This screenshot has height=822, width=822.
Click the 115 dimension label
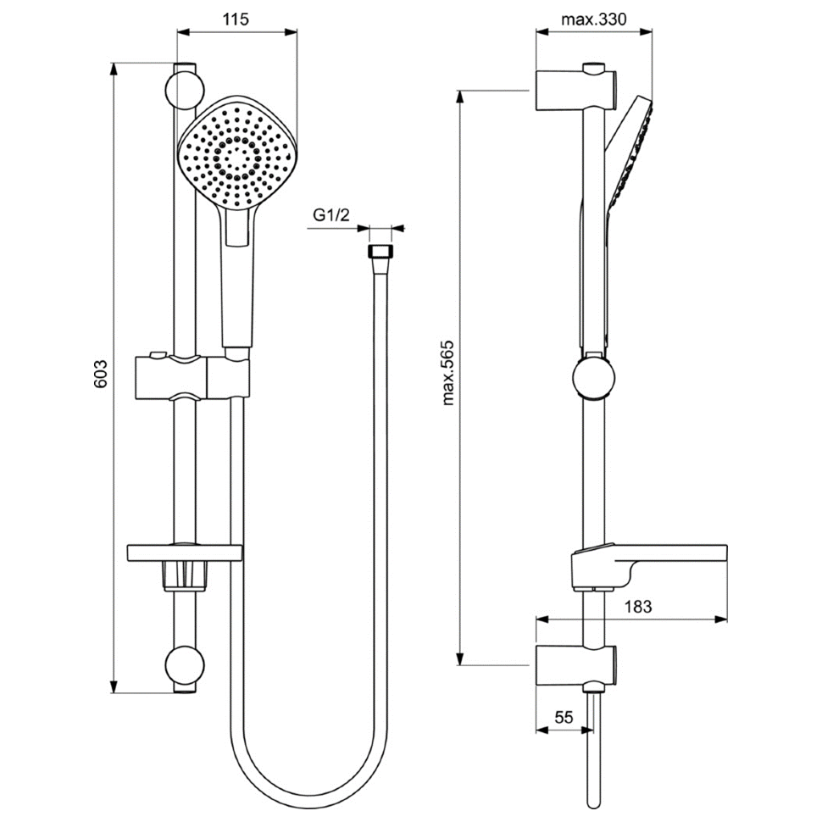[236, 19]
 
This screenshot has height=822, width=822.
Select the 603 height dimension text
[100, 374]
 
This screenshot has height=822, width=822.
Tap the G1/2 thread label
[330, 215]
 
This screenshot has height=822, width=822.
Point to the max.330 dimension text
[594, 19]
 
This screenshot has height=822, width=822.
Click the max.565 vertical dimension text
[447, 373]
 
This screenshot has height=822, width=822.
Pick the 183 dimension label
[638, 607]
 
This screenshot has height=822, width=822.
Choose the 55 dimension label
[564, 717]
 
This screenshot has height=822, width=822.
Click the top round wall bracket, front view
[184, 90]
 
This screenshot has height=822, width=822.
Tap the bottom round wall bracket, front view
[184, 665]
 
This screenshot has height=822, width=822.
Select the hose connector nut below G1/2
[380, 251]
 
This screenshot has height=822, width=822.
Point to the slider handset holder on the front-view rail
[192, 376]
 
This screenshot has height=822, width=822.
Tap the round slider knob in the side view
[593, 377]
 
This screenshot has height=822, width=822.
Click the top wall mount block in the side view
[575, 89]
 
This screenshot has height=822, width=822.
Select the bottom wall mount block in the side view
[575, 664]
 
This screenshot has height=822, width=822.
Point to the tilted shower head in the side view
[629, 154]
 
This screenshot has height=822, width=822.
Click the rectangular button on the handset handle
[236, 226]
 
